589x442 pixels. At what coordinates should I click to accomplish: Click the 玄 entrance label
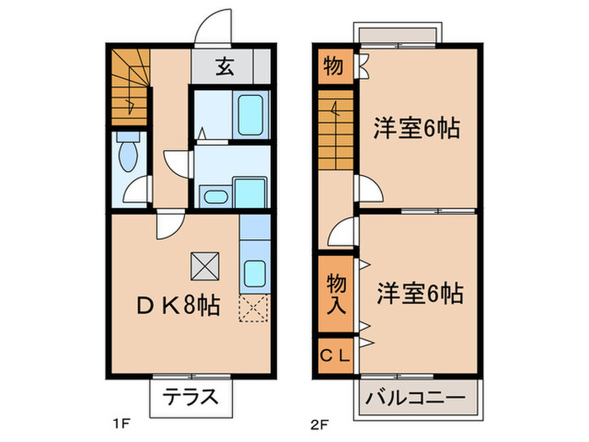click(225, 67)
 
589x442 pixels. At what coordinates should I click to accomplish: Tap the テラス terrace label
click(191, 396)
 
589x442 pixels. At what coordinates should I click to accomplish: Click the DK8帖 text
click(178, 306)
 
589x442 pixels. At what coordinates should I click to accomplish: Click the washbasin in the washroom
click(215, 197)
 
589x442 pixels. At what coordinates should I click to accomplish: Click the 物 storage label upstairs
click(333, 66)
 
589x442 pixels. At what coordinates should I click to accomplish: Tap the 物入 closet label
click(336, 294)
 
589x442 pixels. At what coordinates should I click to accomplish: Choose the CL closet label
click(335, 354)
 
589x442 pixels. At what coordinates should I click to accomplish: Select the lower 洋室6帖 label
click(418, 295)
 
